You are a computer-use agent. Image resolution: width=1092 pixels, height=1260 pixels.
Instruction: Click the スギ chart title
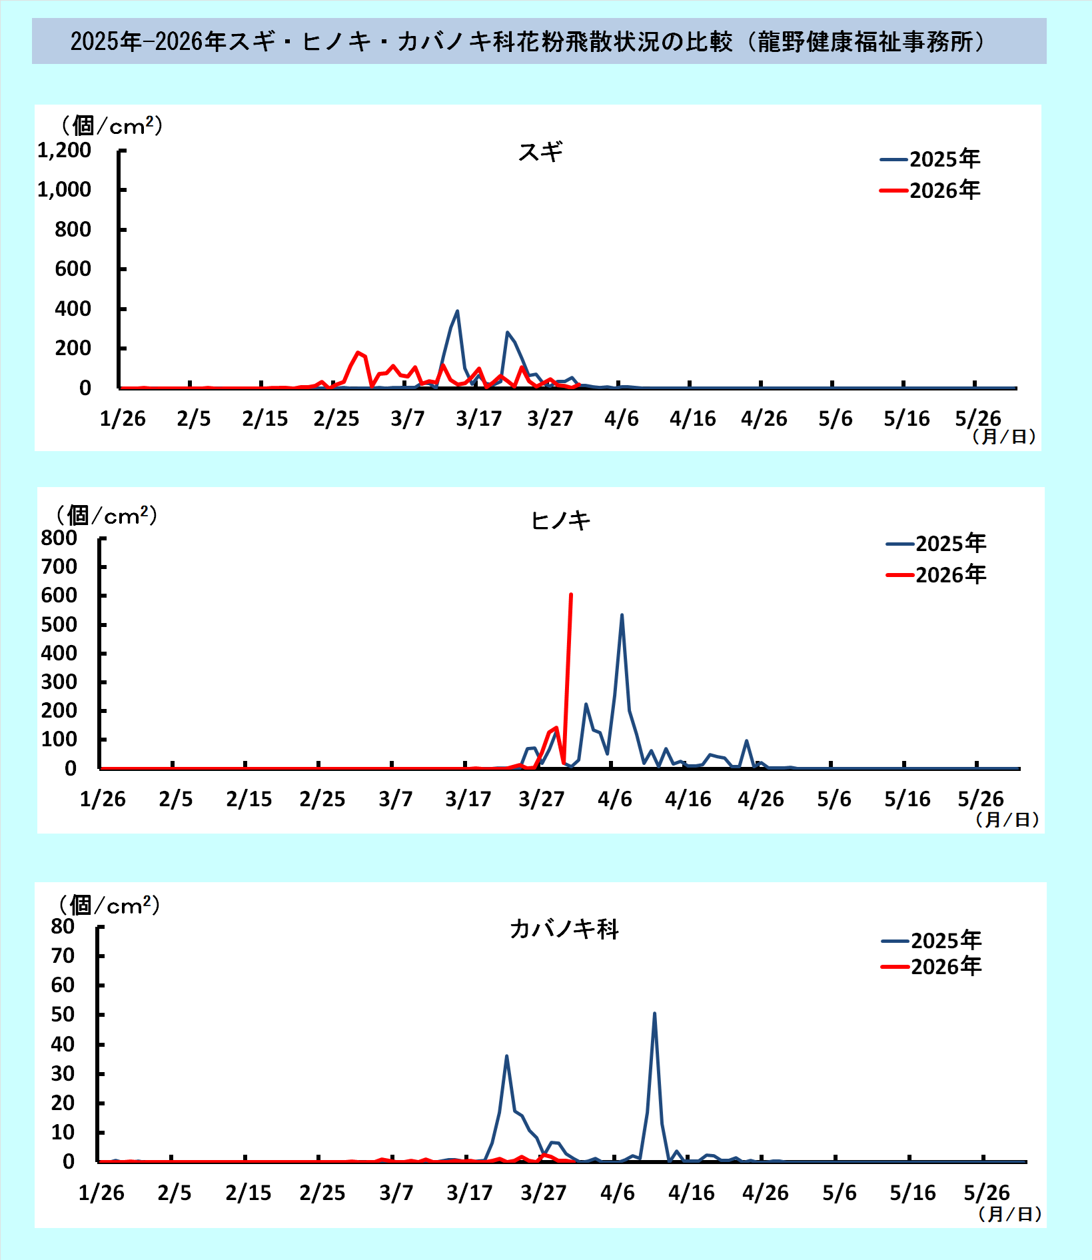point(540,152)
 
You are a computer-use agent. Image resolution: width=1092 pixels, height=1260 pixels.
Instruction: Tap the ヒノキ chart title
point(560,520)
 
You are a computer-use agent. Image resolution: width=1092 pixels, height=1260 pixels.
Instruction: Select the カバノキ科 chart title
point(564,928)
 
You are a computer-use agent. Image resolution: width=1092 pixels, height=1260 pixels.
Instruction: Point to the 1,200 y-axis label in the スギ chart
point(65,151)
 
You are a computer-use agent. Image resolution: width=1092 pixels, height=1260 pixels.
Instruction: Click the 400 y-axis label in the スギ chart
point(73,309)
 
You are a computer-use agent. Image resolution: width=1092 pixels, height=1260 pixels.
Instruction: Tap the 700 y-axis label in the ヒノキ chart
point(59,566)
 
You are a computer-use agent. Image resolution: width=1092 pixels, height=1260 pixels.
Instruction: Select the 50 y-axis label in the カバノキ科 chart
point(63,1014)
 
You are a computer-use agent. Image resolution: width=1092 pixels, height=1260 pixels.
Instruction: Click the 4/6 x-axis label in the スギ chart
point(621,418)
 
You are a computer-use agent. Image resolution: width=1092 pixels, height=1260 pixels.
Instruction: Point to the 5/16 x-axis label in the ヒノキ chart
point(907,799)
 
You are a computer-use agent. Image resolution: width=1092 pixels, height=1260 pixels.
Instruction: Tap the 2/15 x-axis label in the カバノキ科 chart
point(248,1193)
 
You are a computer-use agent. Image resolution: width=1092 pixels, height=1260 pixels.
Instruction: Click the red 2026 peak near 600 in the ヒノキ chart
point(571,595)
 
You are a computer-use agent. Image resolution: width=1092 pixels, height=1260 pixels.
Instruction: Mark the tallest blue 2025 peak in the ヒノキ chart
point(622,615)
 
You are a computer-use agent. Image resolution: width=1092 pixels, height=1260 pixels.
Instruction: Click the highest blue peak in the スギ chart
point(457,311)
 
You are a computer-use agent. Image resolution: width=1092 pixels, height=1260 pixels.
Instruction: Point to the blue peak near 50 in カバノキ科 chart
point(654,1013)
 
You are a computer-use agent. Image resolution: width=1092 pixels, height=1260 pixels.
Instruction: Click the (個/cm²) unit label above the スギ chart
point(112,125)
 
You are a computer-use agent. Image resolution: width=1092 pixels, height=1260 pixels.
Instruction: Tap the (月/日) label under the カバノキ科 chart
point(1009,1214)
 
